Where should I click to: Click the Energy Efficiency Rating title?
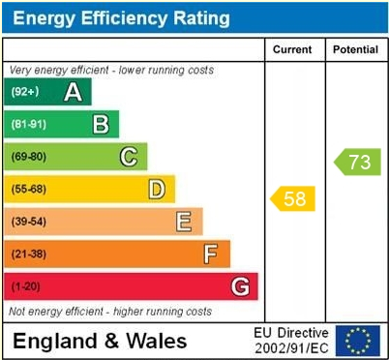click(120, 17)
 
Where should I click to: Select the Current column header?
click(293, 49)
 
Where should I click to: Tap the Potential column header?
click(355, 49)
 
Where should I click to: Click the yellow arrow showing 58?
click(292, 198)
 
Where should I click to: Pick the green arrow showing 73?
click(356, 162)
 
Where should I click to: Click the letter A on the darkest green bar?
click(73, 92)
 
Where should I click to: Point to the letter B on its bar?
click(101, 124)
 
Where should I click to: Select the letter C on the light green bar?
click(129, 157)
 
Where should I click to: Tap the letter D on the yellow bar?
click(156, 189)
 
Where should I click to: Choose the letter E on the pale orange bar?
click(183, 222)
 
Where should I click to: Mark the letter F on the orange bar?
click(210, 254)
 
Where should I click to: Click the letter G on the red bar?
click(240, 286)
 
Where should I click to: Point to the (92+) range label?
click(26, 92)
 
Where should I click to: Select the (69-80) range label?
click(29, 157)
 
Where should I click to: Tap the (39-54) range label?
click(29, 222)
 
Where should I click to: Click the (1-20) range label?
click(26, 286)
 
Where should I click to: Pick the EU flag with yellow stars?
click(357, 341)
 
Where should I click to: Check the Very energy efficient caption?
click(111, 71)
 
